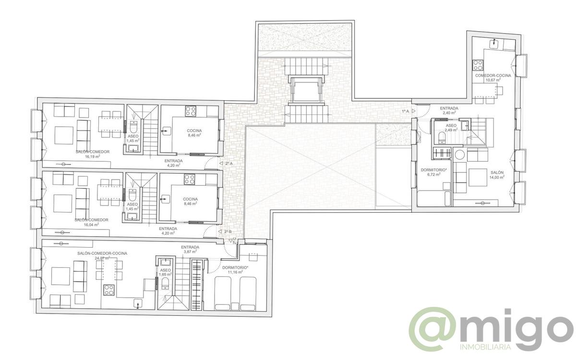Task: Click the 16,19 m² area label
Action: (92, 156)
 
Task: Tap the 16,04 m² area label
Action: (91, 224)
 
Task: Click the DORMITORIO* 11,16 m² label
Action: (235, 269)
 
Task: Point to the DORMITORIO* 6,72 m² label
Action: (434, 172)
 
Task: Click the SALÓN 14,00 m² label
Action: (497, 175)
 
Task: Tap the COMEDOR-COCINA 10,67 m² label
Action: (493, 78)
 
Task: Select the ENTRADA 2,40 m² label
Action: (449, 111)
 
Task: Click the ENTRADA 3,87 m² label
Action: (190, 250)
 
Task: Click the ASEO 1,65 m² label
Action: (165, 272)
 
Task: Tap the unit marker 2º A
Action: (228, 164)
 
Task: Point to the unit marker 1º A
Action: (406, 111)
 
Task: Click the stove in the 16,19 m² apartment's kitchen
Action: (190, 111)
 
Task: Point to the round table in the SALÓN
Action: (460, 155)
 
